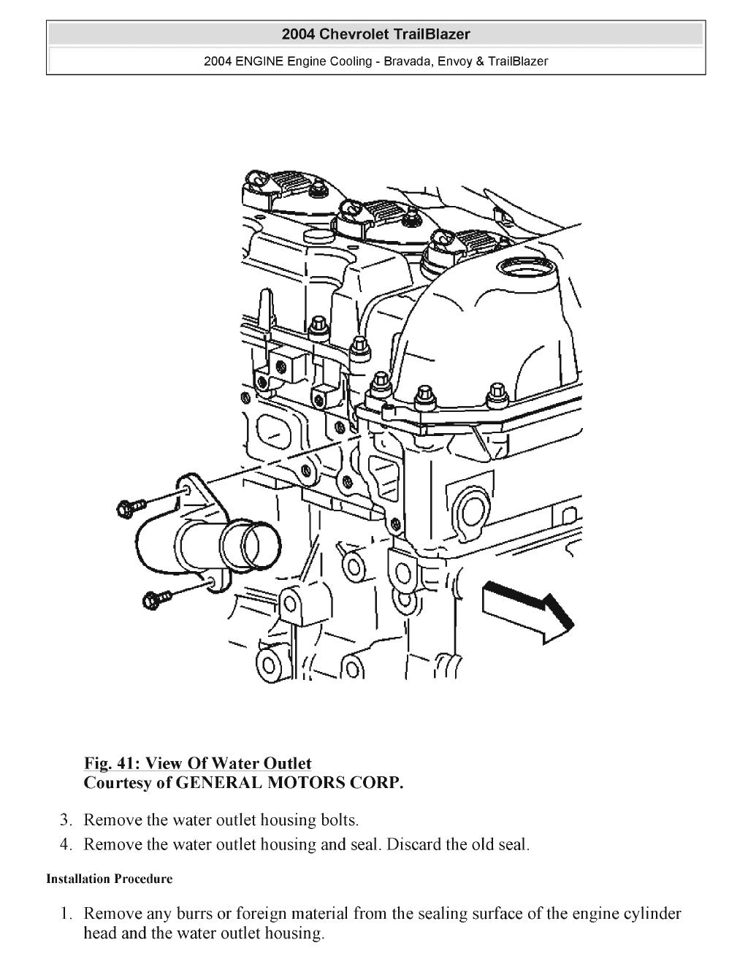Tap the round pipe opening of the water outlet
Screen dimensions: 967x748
click(x=256, y=546)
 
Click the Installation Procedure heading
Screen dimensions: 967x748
click(x=110, y=879)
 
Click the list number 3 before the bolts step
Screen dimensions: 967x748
click(x=65, y=820)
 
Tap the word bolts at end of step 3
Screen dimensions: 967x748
click(x=339, y=820)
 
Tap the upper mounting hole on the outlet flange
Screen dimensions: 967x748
click(x=187, y=488)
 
